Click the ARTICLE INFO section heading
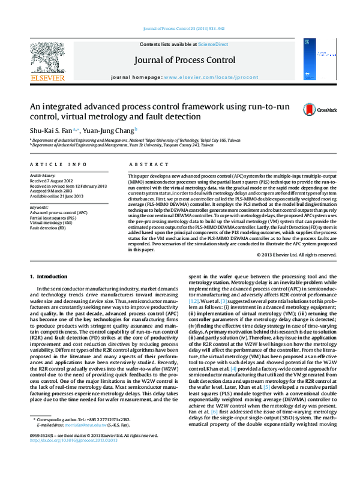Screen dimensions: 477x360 point(53,164)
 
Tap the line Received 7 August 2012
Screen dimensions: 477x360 point(52,181)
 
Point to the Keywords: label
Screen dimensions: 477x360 point(39,206)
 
